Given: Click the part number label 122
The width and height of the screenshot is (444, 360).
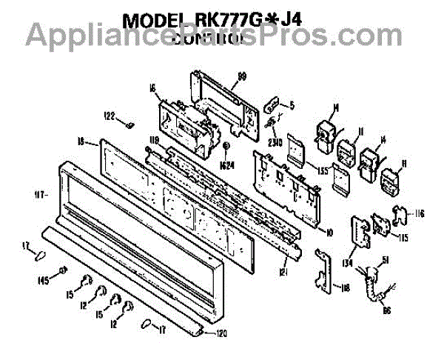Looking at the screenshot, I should (x=109, y=116).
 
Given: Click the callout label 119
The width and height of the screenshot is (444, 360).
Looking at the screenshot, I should (x=155, y=139).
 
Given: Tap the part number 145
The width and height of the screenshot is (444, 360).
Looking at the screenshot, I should (x=44, y=279).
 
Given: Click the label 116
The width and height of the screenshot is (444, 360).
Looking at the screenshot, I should (x=420, y=214).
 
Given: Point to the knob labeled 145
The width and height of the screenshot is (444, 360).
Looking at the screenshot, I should (x=64, y=270).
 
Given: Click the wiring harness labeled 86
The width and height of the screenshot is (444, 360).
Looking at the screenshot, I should (x=369, y=285).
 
